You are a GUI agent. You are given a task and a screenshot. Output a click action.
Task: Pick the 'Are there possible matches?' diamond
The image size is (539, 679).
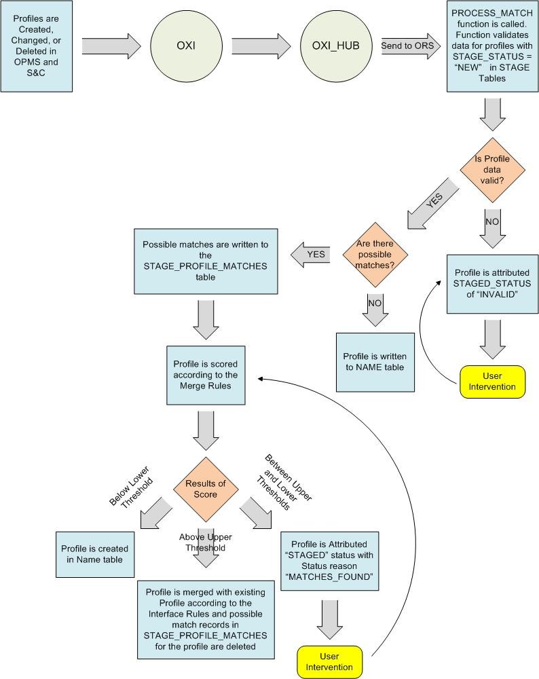click(x=374, y=255)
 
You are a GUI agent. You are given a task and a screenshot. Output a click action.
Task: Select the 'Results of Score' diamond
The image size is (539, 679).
click(x=206, y=489)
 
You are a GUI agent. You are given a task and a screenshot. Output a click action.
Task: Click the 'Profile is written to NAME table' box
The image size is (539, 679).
click(x=375, y=362)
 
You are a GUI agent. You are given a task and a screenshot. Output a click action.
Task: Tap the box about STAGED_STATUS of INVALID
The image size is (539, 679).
click(x=492, y=283)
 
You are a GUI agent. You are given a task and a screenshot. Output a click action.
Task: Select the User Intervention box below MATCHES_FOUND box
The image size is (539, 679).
click(x=331, y=661)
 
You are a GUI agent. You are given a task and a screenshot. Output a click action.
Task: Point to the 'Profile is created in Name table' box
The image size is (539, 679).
click(x=94, y=553)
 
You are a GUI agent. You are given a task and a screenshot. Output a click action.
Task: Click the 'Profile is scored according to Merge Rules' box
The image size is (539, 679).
click(x=204, y=375)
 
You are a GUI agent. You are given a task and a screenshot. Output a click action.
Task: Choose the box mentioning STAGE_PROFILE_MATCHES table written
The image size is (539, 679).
click(x=205, y=261)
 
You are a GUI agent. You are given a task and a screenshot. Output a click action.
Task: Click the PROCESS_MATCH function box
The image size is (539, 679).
click(x=492, y=46)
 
